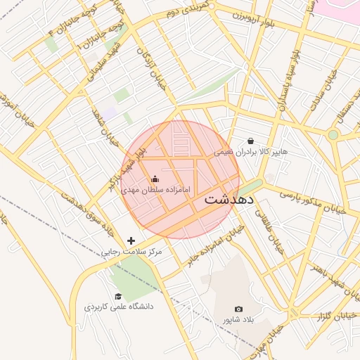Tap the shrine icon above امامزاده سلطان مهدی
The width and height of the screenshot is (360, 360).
pos(155,179)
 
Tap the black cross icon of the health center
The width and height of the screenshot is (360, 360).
pos(131,240)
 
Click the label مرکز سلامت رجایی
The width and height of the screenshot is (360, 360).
pos(131,252)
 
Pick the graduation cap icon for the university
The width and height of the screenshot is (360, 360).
pos(118,296)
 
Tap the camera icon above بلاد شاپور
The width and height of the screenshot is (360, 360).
pos(238,309)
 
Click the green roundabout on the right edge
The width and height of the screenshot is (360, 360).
pos(333,134)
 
